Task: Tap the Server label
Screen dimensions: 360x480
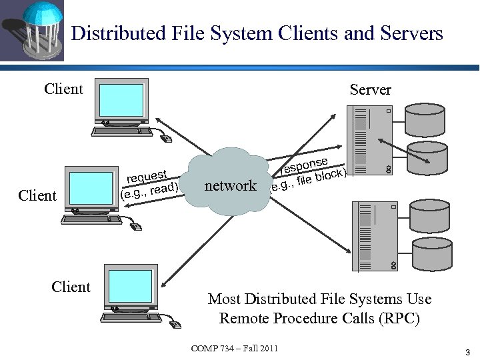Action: tap(370, 90)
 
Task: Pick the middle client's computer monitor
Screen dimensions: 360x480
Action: tap(93, 189)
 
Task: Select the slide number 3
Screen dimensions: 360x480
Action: tap(467, 351)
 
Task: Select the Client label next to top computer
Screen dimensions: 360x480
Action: tap(63, 89)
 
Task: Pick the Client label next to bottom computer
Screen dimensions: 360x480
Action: tap(71, 287)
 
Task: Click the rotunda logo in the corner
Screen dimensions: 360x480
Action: tap(32, 31)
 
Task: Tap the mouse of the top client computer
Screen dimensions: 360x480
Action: tap(166, 138)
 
